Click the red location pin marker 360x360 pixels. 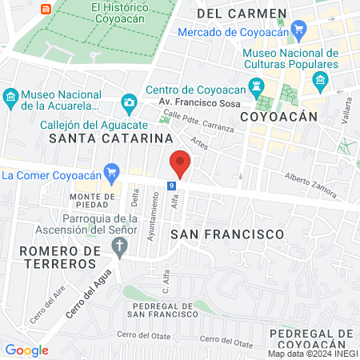tap(181, 163)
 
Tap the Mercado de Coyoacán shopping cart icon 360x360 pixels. tap(300, 32)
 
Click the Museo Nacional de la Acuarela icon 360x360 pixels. tap(11, 98)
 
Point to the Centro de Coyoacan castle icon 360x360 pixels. tap(256, 86)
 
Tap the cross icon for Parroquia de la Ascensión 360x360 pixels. tap(120, 246)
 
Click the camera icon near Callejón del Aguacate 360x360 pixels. tap(128, 102)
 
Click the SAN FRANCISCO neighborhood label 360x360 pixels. tap(227, 234)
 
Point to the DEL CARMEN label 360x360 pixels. tap(241, 14)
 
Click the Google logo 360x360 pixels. tap(26, 350)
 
